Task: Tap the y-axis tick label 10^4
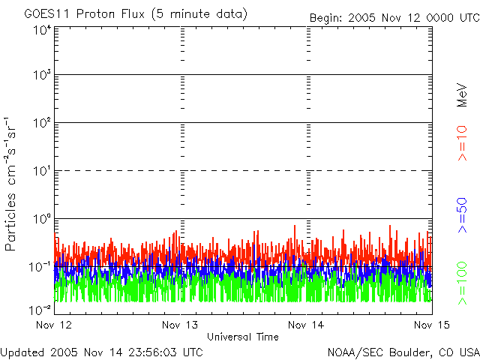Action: [42, 30]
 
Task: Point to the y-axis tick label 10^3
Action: [42, 76]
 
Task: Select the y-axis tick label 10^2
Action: [42, 123]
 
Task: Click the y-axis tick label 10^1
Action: [42, 171]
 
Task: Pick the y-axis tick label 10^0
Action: [42, 218]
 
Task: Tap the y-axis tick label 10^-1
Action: [40, 265]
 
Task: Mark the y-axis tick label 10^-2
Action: [40, 309]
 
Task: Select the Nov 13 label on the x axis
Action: [180, 325]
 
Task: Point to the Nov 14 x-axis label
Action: [306, 325]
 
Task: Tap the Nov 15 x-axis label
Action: [429, 325]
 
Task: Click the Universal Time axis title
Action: [242, 337]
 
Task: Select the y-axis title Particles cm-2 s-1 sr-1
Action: [13, 183]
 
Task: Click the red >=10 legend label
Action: [463, 143]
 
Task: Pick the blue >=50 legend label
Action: [463, 216]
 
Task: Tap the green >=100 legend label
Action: [463, 282]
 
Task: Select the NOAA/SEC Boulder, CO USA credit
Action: [403, 352]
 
